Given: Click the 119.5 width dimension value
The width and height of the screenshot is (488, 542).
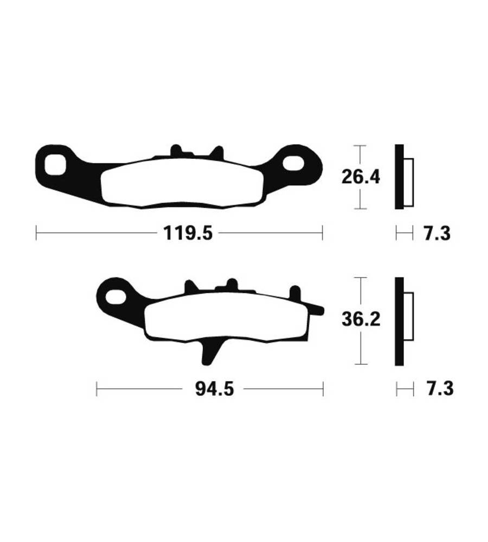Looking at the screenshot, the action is tap(188, 233).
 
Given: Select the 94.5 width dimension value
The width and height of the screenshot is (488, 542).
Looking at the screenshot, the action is tap(214, 389).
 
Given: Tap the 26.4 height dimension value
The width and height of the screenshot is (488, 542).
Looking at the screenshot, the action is tap(361, 177).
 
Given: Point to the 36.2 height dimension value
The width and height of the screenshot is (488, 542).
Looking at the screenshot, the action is tap(361, 319).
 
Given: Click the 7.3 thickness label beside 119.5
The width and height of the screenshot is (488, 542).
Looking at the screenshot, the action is tap(437, 233).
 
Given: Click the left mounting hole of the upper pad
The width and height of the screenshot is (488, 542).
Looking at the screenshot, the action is tap(55, 165).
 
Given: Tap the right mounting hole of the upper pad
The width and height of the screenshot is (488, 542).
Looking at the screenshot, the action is tap(294, 163).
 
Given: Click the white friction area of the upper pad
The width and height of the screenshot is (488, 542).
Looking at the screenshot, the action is tap(182, 183).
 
